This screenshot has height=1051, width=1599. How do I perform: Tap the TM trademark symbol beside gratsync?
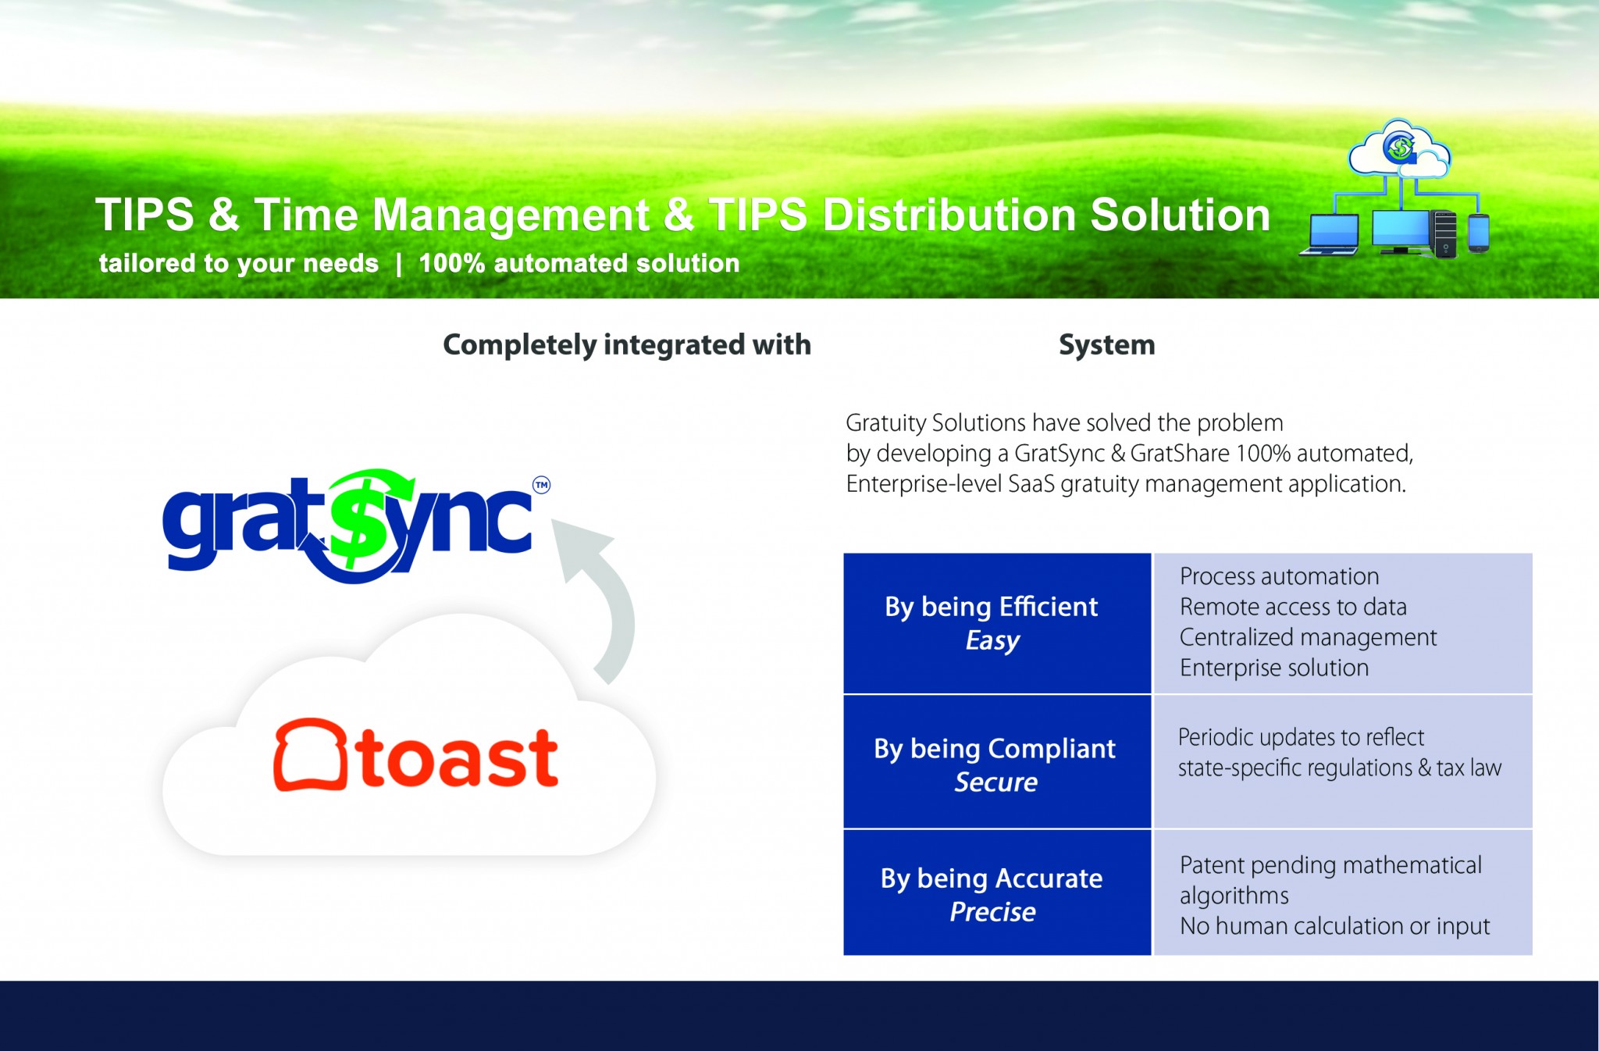(x=541, y=485)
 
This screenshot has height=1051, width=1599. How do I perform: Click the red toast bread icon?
(x=310, y=754)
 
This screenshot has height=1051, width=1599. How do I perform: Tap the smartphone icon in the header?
(x=1478, y=233)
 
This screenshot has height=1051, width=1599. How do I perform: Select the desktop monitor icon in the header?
(x=1401, y=232)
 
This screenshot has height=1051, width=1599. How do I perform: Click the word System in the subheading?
(x=1106, y=345)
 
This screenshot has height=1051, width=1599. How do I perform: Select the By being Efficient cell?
(x=997, y=623)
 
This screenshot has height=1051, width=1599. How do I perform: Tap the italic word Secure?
(x=995, y=782)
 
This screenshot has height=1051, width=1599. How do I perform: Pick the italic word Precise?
(x=992, y=912)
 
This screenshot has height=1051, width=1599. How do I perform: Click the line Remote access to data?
(x=1293, y=607)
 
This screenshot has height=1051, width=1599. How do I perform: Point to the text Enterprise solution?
(x=1274, y=668)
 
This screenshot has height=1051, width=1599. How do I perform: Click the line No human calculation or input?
(x=1334, y=926)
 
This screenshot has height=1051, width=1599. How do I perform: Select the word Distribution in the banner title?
(x=949, y=215)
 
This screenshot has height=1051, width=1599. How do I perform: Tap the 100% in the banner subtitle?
(x=452, y=263)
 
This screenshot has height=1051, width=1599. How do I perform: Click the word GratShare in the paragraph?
(x=1179, y=453)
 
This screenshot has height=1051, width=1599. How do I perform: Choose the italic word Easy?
(x=992, y=641)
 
